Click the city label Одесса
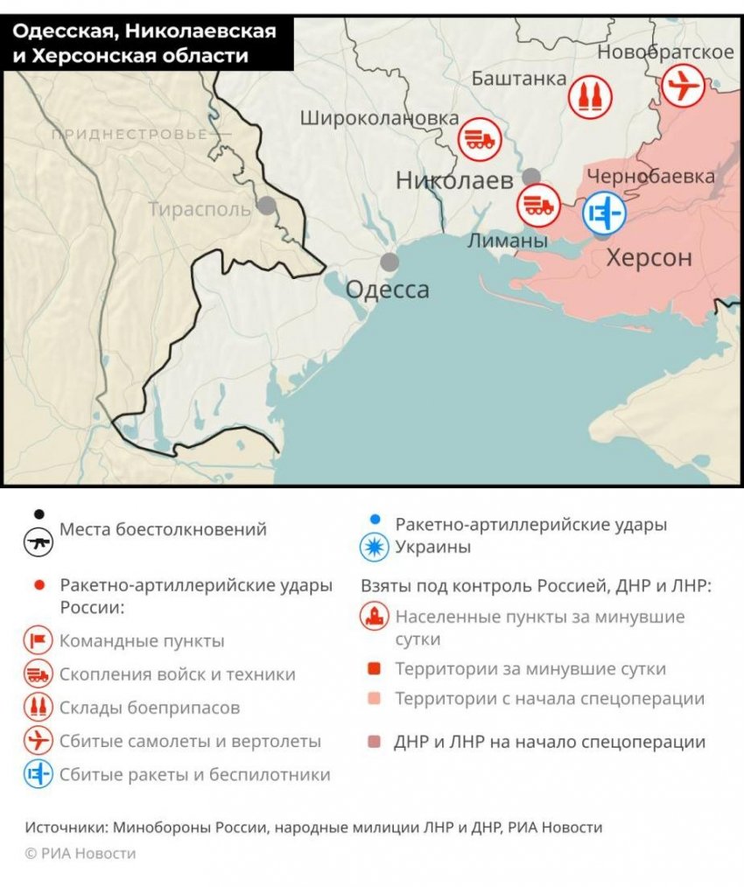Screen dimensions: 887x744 point(388,290)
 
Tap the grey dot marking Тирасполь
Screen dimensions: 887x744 point(266,206)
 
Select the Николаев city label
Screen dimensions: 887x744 point(454,181)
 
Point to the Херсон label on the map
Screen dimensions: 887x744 point(649,259)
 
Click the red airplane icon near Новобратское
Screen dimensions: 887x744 point(683,87)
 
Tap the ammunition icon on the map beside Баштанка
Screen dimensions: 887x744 point(590,95)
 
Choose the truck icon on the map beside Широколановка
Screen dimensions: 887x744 point(479,138)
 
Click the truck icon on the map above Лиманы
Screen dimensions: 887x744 point(537,205)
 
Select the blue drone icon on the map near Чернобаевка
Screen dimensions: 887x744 point(604,212)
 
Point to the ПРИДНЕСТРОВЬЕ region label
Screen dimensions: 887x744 point(130,134)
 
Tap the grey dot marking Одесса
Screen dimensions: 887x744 point(390,262)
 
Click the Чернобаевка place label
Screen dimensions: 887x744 point(651,176)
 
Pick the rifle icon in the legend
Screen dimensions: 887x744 point(39,541)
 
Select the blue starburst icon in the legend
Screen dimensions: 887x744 point(375,548)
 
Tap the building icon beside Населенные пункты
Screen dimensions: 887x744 point(375,617)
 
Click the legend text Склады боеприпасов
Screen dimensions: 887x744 point(150,708)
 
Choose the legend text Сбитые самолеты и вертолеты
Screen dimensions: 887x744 point(190,741)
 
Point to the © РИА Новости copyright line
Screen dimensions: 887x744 point(81,853)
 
